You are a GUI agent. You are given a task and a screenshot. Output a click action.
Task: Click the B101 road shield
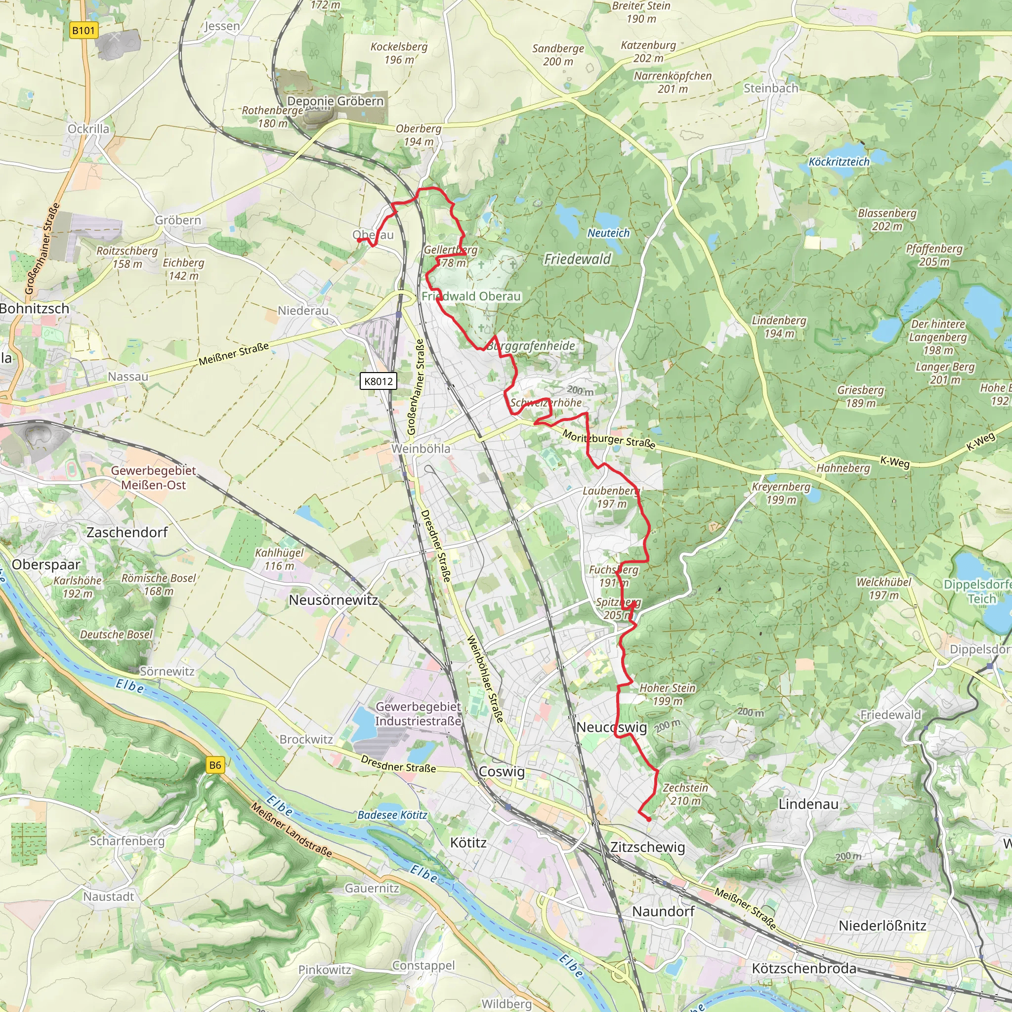[84, 30]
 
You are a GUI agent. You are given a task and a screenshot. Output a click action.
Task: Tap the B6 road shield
[215, 765]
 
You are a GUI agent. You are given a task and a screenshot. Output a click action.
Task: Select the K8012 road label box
[378, 381]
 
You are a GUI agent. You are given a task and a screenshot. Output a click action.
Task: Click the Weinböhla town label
[421, 448]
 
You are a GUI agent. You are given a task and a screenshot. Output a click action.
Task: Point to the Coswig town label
[501, 771]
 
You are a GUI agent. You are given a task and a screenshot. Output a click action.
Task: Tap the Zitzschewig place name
[647, 847]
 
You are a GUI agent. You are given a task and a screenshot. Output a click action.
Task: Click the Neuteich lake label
[608, 233]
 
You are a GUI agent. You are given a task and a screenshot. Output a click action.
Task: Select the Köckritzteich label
[839, 162]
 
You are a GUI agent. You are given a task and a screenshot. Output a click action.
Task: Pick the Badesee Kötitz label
[392, 815]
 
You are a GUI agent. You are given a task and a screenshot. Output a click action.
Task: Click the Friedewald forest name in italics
[577, 259]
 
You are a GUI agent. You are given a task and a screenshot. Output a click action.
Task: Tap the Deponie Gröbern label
[335, 101]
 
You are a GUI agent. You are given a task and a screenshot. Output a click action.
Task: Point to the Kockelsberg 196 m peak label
[399, 53]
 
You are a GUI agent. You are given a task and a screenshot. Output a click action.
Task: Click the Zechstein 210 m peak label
[685, 794]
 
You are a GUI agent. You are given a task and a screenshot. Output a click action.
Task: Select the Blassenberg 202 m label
[887, 219]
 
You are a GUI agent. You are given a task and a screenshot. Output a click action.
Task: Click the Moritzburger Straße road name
[609, 439]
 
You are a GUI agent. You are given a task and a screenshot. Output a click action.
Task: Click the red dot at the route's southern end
[649, 819]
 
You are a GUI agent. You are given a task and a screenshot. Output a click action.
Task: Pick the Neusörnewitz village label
[333, 600]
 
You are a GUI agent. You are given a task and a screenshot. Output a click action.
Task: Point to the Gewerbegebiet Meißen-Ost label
[153, 477]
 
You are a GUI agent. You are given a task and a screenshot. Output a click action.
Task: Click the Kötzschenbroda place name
[803, 969]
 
